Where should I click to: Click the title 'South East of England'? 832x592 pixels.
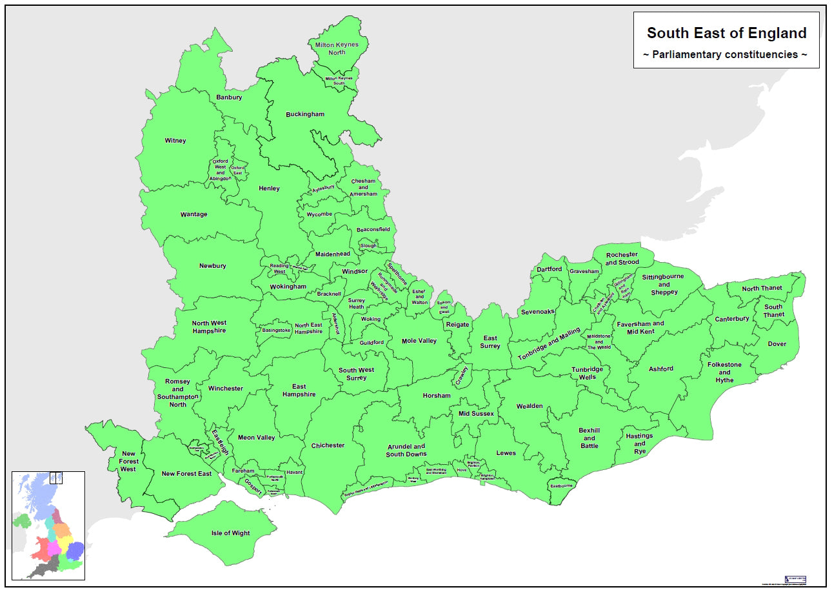[726, 33]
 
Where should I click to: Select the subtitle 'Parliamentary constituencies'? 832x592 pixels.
[726, 54]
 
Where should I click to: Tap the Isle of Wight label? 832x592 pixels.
[230, 533]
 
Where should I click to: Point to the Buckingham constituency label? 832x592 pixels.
[305, 114]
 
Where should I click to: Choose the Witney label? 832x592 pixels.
[175, 141]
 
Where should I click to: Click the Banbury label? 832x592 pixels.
[229, 97]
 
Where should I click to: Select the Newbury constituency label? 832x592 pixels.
[212, 266]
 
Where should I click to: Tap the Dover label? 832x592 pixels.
[777, 344]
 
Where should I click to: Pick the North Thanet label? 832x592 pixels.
[762, 289]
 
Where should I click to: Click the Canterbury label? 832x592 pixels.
[731, 319]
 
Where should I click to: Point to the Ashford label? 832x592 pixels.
[660, 369]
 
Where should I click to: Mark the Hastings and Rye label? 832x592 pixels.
[639, 444]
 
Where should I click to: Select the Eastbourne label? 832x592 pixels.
[560, 485]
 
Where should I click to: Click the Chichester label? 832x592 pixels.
[328, 445]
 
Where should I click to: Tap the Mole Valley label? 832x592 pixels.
[419, 341]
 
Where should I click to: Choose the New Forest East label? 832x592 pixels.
[186, 474]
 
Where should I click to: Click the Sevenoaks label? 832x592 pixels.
[537, 312]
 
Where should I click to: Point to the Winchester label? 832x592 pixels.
[225, 389]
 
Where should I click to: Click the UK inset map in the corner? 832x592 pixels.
[48, 526]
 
